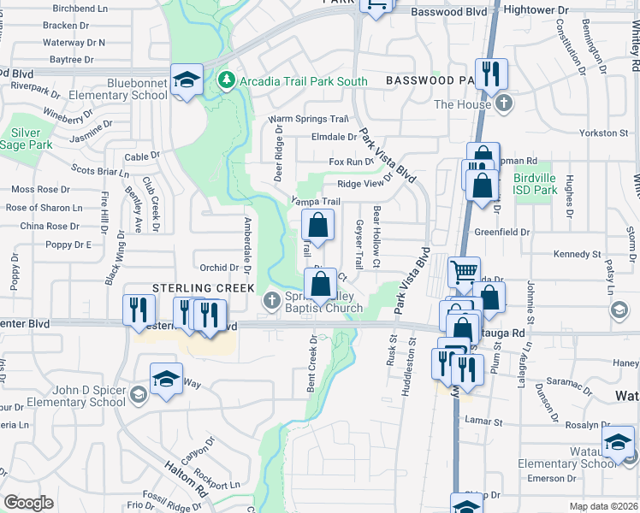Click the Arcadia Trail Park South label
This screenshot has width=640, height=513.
click(x=303, y=81)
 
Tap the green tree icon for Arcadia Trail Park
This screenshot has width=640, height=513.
click(x=227, y=80)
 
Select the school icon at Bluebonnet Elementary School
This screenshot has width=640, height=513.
click(x=187, y=80)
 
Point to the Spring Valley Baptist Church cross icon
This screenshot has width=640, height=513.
click(x=271, y=299)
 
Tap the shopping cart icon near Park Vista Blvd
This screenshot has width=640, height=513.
click(x=464, y=272)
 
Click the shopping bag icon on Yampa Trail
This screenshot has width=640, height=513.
click(x=317, y=226)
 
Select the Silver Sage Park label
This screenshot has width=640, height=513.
click(x=31, y=139)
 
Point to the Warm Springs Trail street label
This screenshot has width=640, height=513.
click(x=309, y=120)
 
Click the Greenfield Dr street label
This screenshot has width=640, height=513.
click(x=526, y=232)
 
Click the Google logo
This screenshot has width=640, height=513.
click(x=28, y=503)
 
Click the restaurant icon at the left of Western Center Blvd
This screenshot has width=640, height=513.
click(x=139, y=310)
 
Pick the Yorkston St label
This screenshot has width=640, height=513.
click(x=603, y=133)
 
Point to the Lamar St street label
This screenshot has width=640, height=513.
click(x=483, y=420)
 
